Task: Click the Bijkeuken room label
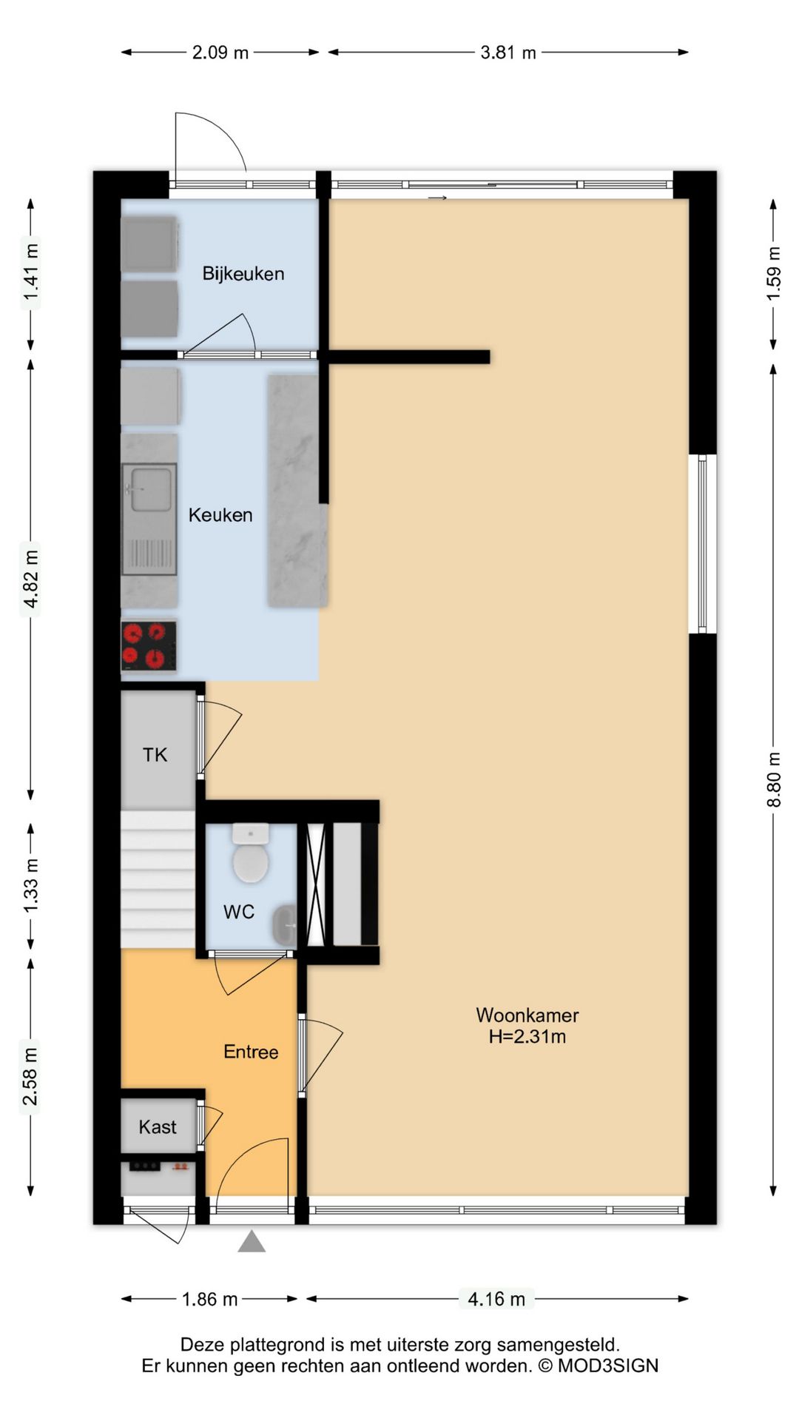pos(243,274)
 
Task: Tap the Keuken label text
pos(220,515)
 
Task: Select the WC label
pos(239,912)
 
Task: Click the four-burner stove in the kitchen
pos(149,646)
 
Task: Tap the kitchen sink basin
pos(149,490)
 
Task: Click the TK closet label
pos(155,755)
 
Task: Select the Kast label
pos(158,1127)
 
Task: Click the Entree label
pos(251,1052)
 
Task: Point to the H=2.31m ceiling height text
pos(527,1037)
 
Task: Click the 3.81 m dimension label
pos(508,53)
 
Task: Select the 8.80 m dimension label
pos(774,780)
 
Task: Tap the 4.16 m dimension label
pos(496,1299)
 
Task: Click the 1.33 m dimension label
pos(30,885)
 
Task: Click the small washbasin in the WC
pos(285,924)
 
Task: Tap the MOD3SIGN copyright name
pos(607,1365)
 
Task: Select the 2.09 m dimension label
pos(220,53)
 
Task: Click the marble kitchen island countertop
pos(297,491)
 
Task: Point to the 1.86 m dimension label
pos(210,1299)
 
